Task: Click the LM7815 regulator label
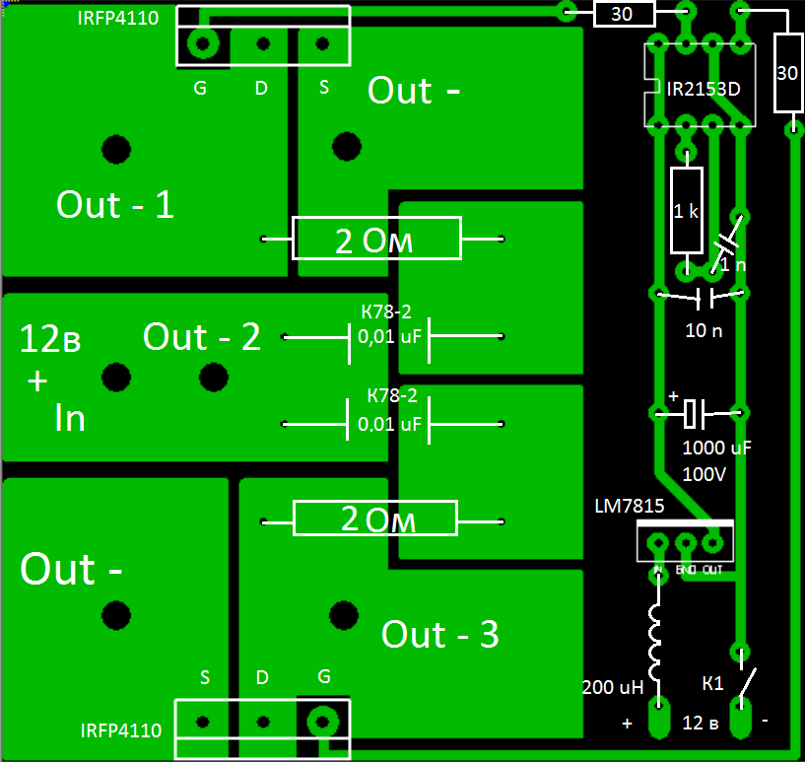[629, 506]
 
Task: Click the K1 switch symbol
[749, 681]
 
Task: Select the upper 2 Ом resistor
[377, 240]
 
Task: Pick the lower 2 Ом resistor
[375, 519]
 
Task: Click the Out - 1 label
[114, 205]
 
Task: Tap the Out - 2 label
[201, 337]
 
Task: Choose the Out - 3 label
[439, 635]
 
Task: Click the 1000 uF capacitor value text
[716, 449]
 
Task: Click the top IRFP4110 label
[117, 19]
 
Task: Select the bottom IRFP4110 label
[119, 731]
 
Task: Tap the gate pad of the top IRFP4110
[204, 44]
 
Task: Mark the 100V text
[704, 474]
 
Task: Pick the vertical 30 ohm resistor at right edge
[787, 74]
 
